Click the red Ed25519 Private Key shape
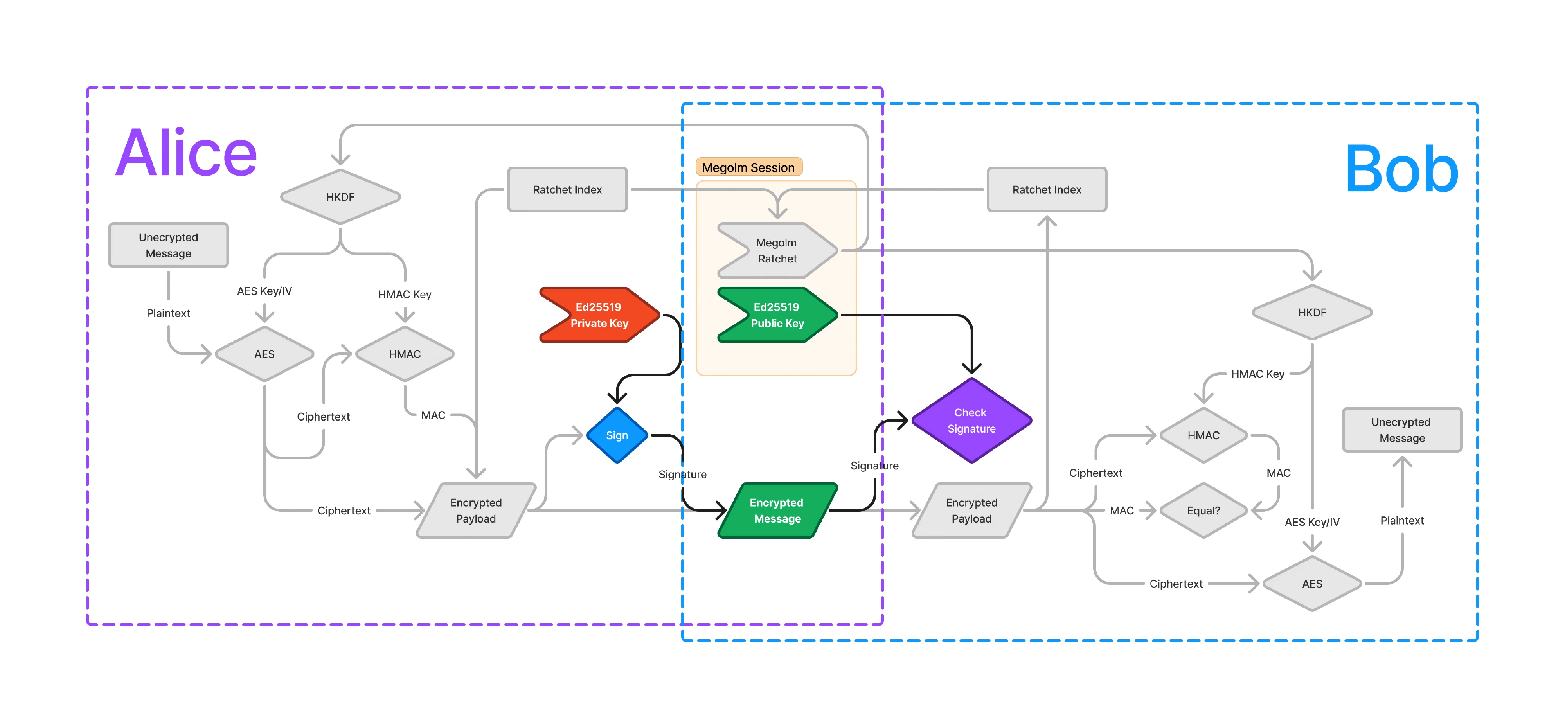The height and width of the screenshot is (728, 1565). [599, 315]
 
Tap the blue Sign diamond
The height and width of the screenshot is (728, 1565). [617, 435]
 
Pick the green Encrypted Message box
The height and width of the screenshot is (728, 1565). [777, 510]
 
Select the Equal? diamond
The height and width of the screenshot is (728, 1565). [1203, 510]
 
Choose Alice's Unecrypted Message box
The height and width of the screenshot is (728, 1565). [168, 245]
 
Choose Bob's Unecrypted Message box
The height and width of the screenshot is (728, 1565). [1401, 430]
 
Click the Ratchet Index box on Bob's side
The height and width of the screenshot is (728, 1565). [1046, 190]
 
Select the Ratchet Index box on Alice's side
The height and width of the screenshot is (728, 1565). [567, 190]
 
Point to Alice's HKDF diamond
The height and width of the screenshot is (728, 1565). [340, 197]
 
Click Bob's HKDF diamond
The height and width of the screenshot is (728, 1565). [1311, 312]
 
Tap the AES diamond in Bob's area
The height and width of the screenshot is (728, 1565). [1311, 583]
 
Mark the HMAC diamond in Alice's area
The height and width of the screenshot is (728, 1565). [405, 354]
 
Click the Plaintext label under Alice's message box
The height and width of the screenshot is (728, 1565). [168, 313]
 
